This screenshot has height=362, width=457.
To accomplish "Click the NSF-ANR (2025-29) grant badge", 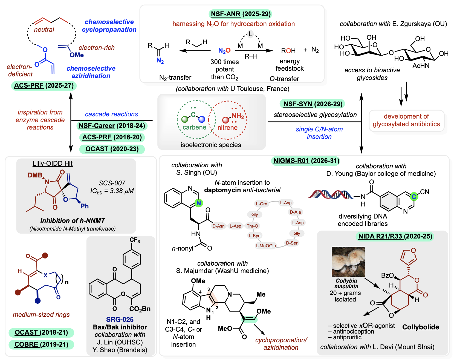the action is pos(241,14).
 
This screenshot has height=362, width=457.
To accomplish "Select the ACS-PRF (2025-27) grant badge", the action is pos(44,85).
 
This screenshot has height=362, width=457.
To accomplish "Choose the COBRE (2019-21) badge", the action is pos(41,344).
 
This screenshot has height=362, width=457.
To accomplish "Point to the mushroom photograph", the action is pos(348,262).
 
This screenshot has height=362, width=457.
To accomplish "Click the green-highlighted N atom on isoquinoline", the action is pos(199,203).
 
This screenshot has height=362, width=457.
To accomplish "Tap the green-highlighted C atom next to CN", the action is pos(414,196).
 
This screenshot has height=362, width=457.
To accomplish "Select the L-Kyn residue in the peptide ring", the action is pos(254,235).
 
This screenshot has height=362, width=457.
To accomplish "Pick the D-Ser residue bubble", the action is pos(292,243).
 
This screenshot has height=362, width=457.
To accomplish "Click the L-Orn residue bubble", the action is pos(261,204).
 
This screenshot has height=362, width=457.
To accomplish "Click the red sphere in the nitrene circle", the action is pos(226,120).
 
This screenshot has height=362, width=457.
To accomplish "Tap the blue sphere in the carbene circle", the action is pos(202,119).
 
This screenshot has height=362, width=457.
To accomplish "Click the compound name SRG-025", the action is pos(120,319).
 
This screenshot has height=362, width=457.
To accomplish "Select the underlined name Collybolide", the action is pos(421,327).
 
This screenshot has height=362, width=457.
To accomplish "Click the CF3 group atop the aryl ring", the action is pos(135,240).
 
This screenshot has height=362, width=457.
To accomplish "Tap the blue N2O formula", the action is pos(224,51).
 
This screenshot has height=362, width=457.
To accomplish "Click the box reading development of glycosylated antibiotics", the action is pos(406,120).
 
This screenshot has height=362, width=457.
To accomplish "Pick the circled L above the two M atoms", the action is pos(250,34).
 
